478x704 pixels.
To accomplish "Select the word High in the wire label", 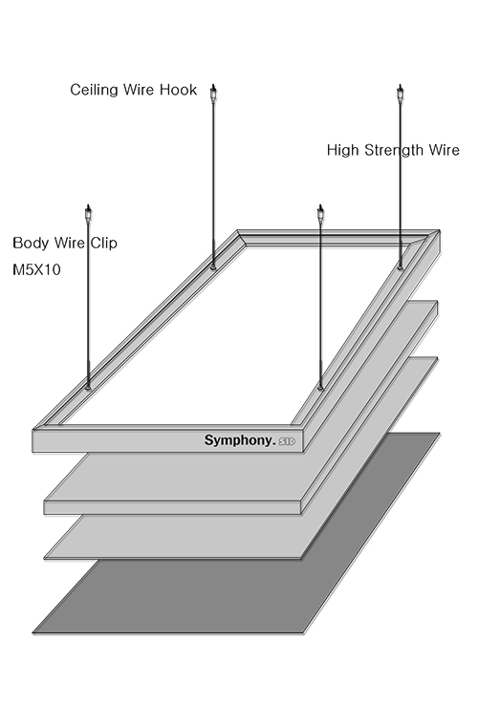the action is (x=343, y=150).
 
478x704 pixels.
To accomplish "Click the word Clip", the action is (x=104, y=243).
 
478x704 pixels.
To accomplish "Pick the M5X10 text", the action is (x=36, y=269).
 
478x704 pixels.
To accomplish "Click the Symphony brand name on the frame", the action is (x=240, y=440).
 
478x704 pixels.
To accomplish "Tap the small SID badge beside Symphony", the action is (x=287, y=441).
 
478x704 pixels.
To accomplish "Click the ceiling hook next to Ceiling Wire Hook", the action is (x=214, y=93).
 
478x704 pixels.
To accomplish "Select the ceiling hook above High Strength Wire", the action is (x=400, y=93).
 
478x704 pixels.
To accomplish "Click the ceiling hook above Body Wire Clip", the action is (x=88, y=213).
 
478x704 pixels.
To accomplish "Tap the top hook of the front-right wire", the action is (x=320, y=213).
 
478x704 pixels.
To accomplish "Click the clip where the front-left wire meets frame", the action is (x=88, y=386).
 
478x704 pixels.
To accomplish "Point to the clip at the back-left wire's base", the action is (x=213, y=267).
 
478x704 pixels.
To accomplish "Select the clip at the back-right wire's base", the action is (x=400, y=267).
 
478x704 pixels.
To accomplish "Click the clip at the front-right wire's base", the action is (x=320, y=386).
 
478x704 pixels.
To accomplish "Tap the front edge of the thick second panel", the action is (x=172, y=507).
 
